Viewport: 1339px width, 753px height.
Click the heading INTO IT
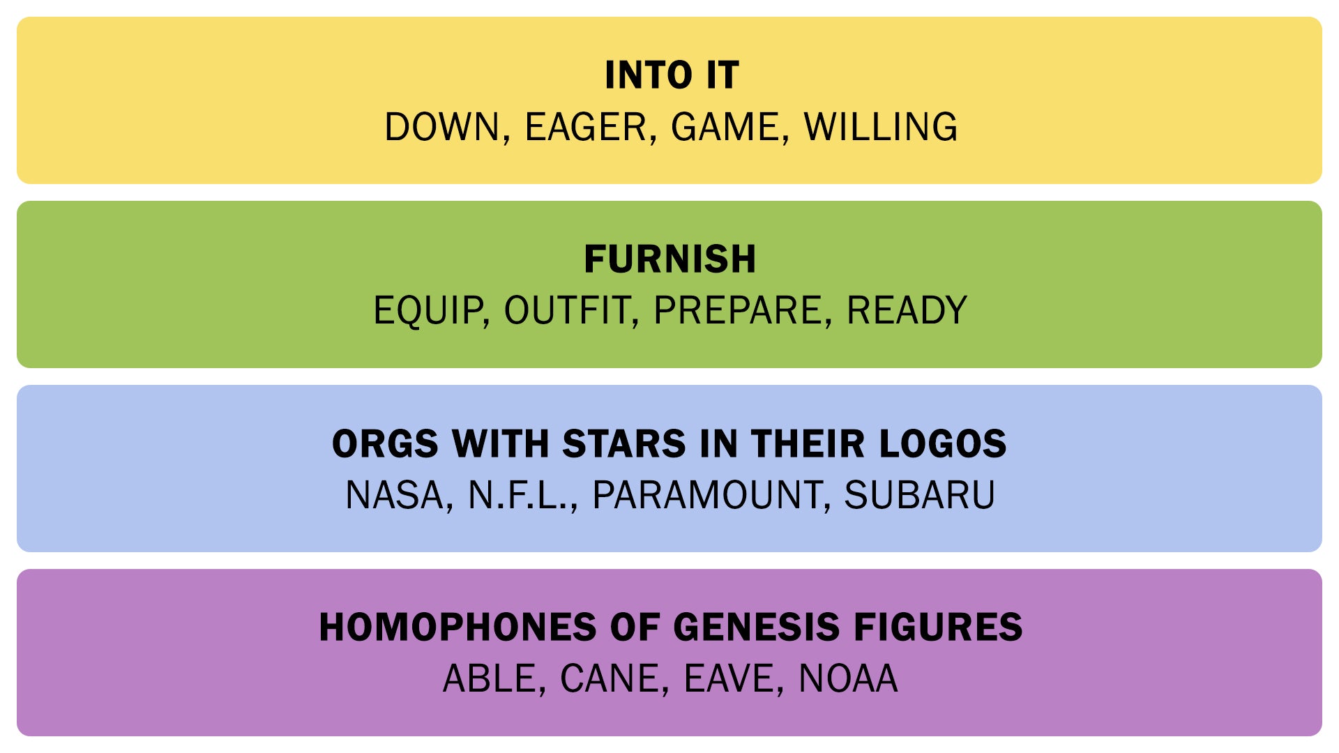coord(671,75)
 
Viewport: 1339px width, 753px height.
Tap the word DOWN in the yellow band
coord(442,127)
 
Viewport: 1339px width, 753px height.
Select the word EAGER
coord(586,127)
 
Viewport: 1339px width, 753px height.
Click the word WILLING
coord(881,127)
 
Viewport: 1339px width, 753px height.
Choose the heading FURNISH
coord(670,259)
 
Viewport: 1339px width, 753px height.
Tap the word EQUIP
coord(428,311)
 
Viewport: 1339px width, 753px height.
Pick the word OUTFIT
coord(566,311)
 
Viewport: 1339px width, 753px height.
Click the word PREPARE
coord(738,311)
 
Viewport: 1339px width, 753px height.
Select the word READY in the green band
coord(907,311)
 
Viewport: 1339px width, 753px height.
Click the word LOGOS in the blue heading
coord(943,443)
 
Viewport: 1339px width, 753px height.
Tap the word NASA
coord(395,495)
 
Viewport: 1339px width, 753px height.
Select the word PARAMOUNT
coord(706,495)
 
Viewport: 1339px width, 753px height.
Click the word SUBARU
coord(919,495)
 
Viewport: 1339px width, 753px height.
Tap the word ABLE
coord(490,678)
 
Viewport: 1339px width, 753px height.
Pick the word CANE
coord(610,678)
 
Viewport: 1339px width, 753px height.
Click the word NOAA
coord(848,678)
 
